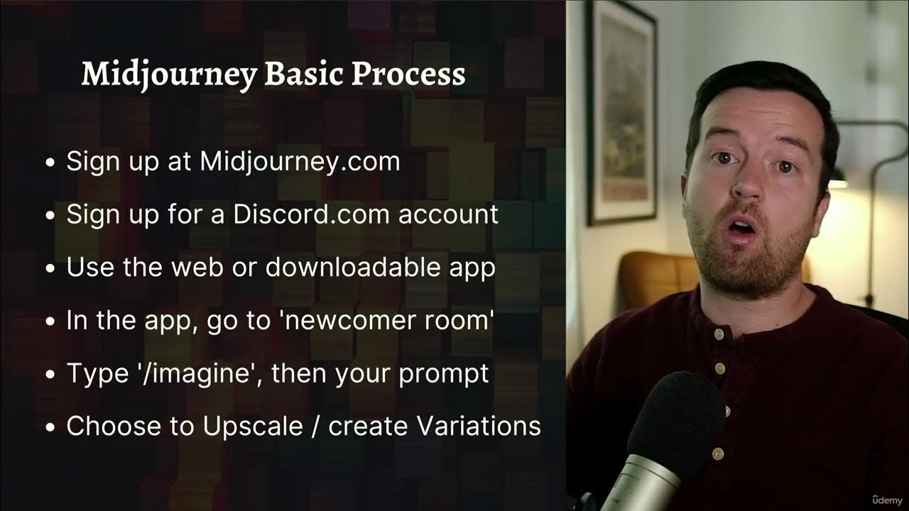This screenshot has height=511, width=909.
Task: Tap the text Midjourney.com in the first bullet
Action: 300,162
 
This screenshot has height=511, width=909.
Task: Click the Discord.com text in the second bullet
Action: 312,214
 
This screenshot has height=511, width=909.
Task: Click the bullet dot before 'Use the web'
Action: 50,269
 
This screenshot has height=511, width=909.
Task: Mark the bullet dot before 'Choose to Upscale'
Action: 50,428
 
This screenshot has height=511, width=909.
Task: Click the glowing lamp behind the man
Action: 838,181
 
